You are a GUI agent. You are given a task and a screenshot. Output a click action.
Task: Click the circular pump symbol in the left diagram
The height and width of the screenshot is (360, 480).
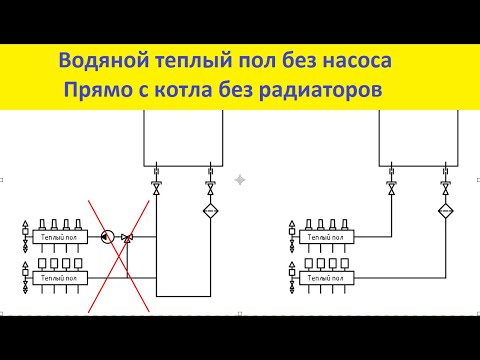coord(106,237)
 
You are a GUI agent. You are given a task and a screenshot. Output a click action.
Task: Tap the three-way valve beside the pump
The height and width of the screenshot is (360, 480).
coord(127,237)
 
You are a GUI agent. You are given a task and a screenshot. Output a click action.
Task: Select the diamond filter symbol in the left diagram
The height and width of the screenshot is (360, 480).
coord(210,210)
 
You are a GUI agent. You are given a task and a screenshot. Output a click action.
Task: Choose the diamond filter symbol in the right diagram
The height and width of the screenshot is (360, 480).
coord(444,210)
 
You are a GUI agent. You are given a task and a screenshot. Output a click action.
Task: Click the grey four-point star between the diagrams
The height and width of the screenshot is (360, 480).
coord(240,180)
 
